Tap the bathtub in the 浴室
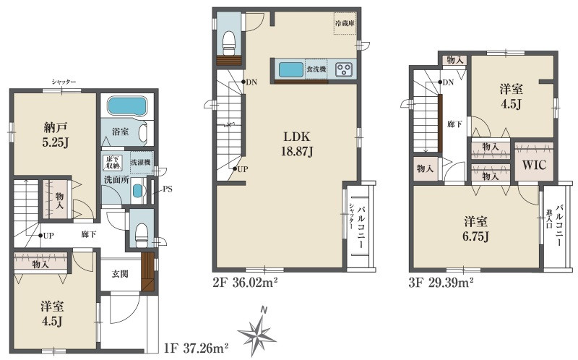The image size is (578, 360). click(x=126, y=106)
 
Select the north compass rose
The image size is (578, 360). click(x=257, y=331)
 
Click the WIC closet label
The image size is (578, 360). click(x=534, y=165)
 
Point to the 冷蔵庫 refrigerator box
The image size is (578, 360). click(x=345, y=23)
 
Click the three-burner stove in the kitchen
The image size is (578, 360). click(x=344, y=69)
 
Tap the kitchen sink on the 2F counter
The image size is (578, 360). click(x=291, y=69)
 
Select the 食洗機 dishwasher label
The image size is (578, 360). click(x=316, y=69)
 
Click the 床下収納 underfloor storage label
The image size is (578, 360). click(x=113, y=163)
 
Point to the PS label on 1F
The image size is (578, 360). click(x=168, y=189)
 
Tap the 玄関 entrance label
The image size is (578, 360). click(x=120, y=274)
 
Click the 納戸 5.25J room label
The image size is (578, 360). click(x=56, y=135)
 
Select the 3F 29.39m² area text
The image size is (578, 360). click(x=441, y=283)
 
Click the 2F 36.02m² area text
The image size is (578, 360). click(x=245, y=283)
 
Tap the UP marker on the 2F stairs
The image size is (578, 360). click(x=240, y=169)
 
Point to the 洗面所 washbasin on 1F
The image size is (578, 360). click(x=137, y=190)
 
